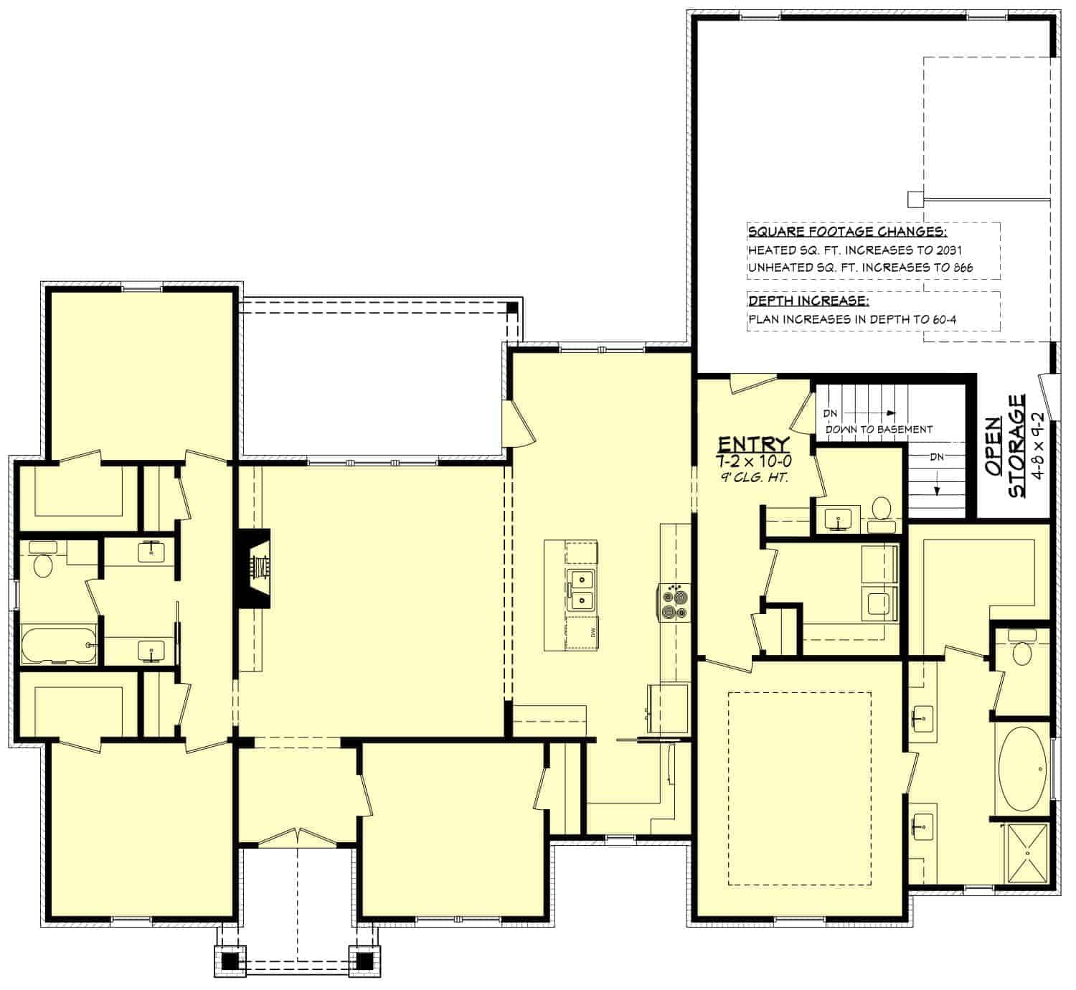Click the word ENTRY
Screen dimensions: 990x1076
[753, 443]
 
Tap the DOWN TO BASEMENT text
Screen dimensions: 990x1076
[879, 429]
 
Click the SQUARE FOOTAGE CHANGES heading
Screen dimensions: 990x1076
[847, 232]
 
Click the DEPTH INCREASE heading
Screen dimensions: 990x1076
[808, 301]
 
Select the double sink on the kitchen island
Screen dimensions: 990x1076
[581, 590]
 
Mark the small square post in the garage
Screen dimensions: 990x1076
[914, 198]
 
